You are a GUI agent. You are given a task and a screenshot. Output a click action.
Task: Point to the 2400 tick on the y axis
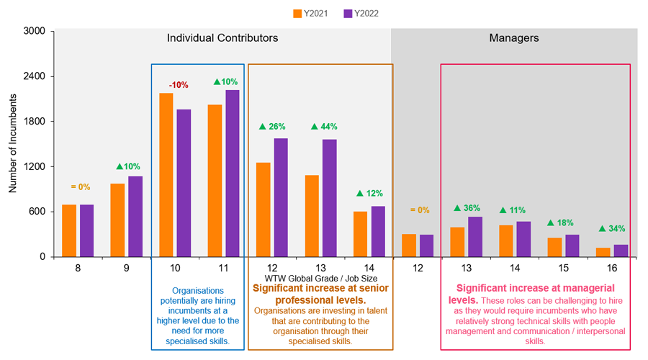(x=33, y=76)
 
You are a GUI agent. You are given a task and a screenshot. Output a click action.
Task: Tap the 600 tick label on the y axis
(x=36, y=212)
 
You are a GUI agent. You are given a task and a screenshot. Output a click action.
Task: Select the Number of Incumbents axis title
(x=12, y=144)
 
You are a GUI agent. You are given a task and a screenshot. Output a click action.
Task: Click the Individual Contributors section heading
(x=222, y=38)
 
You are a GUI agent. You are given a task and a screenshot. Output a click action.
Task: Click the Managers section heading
(x=514, y=38)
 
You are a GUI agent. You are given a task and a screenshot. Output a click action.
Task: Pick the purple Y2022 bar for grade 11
(x=233, y=173)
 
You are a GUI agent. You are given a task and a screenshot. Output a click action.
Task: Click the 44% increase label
(x=324, y=127)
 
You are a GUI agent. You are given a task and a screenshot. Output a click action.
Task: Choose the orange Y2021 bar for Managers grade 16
(x=603, y=252)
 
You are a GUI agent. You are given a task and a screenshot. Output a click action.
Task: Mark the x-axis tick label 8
(x=77, y=268)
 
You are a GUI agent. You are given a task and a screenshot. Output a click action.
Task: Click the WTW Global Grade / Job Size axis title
(x=320, y=278)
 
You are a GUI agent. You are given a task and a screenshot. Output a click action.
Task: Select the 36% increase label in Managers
(x=467, y=209)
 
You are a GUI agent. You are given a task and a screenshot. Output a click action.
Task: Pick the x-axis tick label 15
(x=563, y=268)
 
